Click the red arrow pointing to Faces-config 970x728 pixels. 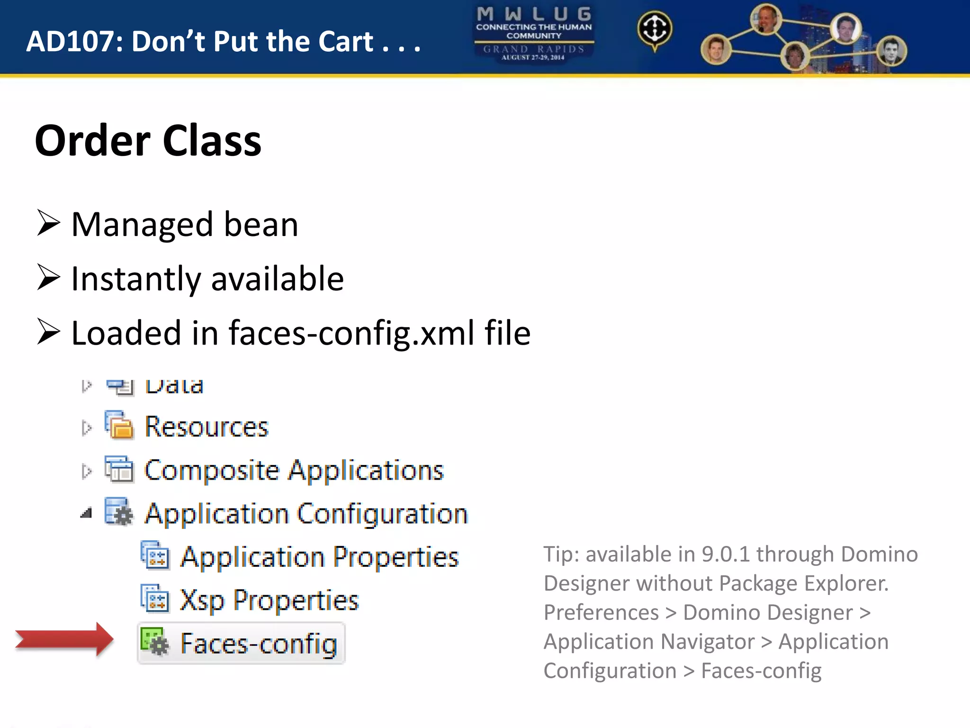pyautogui.click(x=64, y=639)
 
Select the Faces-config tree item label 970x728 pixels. pyautogui.click(x=259, y=644)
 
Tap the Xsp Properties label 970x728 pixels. pyautogui.click(x=269, y=601)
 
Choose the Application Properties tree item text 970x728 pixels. pyautogui.click(x=320, y=557)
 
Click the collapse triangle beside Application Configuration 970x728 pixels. pyautogui.click(x=86, y=513)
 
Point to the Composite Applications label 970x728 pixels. pyautogui.click(x=294, y=471)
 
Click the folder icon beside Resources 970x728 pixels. pyautogui.click(x=119, y=426)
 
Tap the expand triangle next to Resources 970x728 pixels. pyautogui.click(x=86, y=428)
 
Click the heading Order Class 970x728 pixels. pyautogui.click(x=148, y=141)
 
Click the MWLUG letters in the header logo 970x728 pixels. pyautogui.click(x=534, y=14)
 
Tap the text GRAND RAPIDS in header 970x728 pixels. pyautogui.click(x=534, y=49)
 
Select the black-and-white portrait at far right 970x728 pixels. pyautogui.click(x=891, y=51)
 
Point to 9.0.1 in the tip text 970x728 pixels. pyautogui.click(x=725, y=554)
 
